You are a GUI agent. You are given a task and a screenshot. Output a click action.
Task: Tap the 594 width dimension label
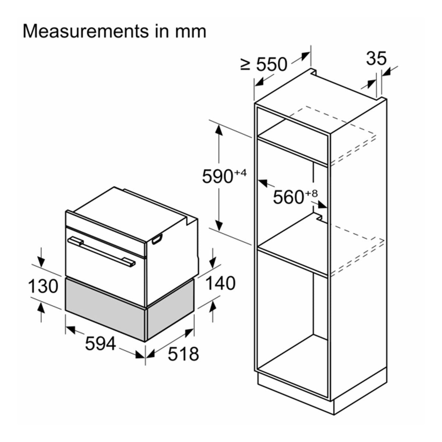pyautogui.click(x=100, y=344)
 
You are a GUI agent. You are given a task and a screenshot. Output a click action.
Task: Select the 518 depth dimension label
pyautogui.click(x=183, y=354)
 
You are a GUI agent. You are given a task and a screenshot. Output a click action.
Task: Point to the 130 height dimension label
pyautogui.click(x=43, y=287)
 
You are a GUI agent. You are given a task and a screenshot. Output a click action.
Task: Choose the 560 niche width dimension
pyautogui.click(x=288, y=197)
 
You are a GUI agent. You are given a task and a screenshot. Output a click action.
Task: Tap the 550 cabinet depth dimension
pyautogui.click(x=271, y=65)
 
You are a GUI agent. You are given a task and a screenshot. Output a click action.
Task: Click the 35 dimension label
pyautogui.click(x=376, y=59)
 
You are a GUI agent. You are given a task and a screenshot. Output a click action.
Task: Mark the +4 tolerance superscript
pyautogui.click(x=240, y=172)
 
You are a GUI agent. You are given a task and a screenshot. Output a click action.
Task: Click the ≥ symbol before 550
pyautogui.click(x=246, y=65)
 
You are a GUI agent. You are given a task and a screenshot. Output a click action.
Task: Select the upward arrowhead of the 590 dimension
pyautogui.click(x=219, y=129)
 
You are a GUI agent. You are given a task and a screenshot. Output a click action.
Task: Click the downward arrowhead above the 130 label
pyautogui.click(x=41, y=263)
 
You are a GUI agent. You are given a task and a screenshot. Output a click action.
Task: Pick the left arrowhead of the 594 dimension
pyautogui.click(x=69, y=328)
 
